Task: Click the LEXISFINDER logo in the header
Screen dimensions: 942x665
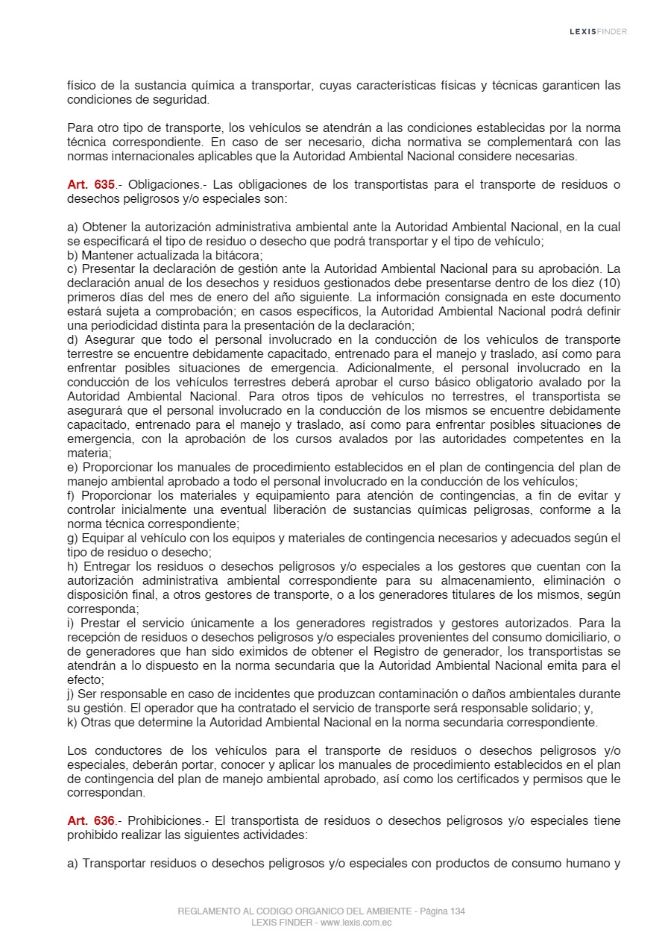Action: pos(598,31)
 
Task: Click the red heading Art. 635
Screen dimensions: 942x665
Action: pos(91,185)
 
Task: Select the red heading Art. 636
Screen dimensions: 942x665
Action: pos(91,820)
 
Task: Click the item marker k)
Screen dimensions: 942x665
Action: pos(72,722)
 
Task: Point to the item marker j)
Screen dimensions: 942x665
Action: pos(72,694)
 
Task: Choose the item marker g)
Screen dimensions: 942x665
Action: pos(73,538)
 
